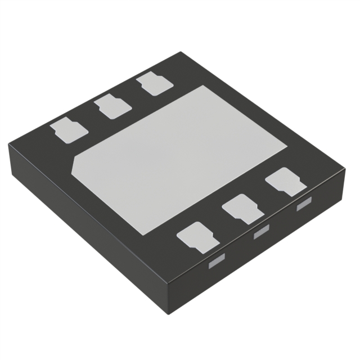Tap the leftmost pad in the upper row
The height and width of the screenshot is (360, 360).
coord(69,130)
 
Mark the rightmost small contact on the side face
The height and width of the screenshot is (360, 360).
coord(304,204)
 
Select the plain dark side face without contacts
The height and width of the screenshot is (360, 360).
coord(84,225)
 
